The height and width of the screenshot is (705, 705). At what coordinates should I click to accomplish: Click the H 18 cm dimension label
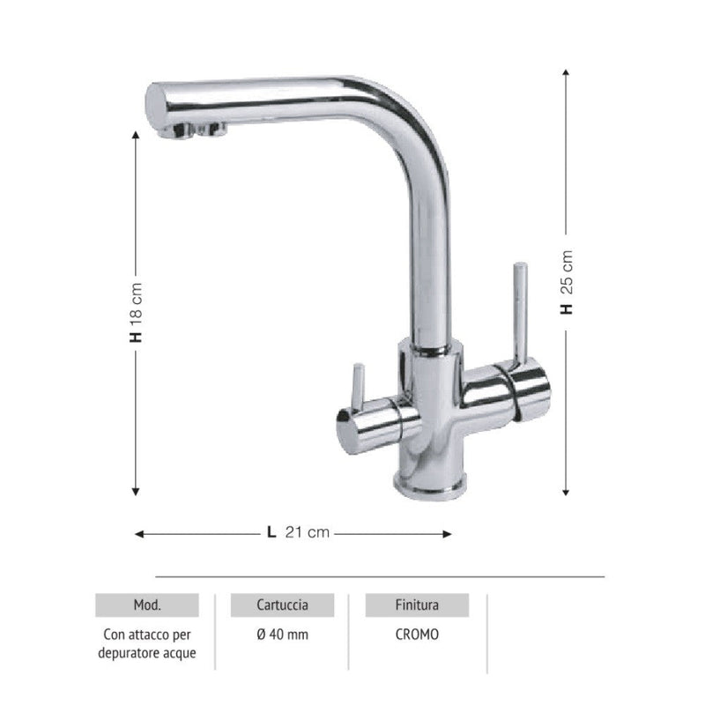pyautogui.click(x=136, y=313)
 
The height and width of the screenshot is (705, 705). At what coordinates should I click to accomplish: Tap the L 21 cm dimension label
pyautogui.click(x=298, y=532)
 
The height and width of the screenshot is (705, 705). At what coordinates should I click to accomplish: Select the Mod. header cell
pyautogui.click(x=146, y=605)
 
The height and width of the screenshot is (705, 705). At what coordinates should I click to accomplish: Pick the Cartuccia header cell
pyautogui.click(x=282, y=605)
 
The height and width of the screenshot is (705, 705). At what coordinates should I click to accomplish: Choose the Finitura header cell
pyautogui.click(x=418, y=605)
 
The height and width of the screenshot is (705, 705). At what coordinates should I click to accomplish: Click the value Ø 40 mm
pyautogui.click(x=282, y=634)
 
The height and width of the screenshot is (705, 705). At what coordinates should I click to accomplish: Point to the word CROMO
pyautogui.click(x=418, y=634)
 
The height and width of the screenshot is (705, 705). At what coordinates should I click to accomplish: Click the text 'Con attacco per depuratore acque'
pyautogui.click(x=146, y=643)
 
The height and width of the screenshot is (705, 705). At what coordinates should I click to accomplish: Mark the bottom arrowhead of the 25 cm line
pyautogui.click(x=567, y=493)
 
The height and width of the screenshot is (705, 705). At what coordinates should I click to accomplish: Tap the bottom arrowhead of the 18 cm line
pyautogui.click(x=136, y=493)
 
